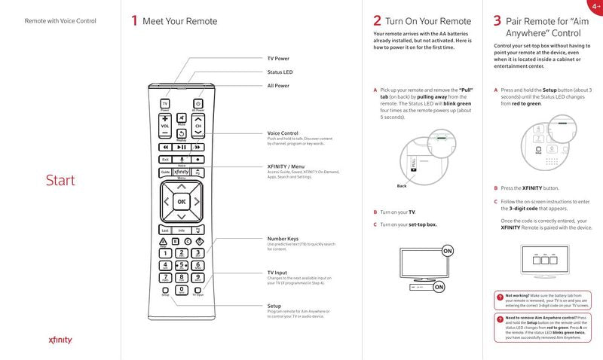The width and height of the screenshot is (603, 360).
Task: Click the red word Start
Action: pos(60,181)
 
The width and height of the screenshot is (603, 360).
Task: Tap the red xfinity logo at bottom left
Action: pos(60,340)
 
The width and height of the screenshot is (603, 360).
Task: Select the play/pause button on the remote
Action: pos(181,147)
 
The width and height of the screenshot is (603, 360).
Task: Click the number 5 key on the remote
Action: pos(182,264)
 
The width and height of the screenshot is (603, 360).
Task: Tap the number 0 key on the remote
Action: pos(182,289)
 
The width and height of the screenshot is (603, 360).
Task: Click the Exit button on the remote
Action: pos(165,159)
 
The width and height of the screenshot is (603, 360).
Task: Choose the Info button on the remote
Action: pos(182,230)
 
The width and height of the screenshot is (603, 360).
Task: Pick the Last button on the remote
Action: pos(165,230)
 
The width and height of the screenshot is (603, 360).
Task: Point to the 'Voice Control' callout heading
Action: pos(283,133)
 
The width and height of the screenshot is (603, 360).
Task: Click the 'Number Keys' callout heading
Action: pos(283,239)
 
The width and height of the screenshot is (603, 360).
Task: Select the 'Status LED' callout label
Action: pos(280,72)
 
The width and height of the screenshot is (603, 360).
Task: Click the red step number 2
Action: pos(377,21)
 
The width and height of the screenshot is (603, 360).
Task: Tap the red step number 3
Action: pos(497,21)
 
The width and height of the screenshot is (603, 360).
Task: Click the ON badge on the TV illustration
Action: pos(448,250)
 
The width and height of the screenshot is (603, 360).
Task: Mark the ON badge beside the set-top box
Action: pos(439,287)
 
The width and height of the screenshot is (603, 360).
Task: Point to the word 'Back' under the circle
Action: pos(402,186)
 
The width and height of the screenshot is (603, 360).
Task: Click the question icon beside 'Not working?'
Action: pos(500,297)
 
